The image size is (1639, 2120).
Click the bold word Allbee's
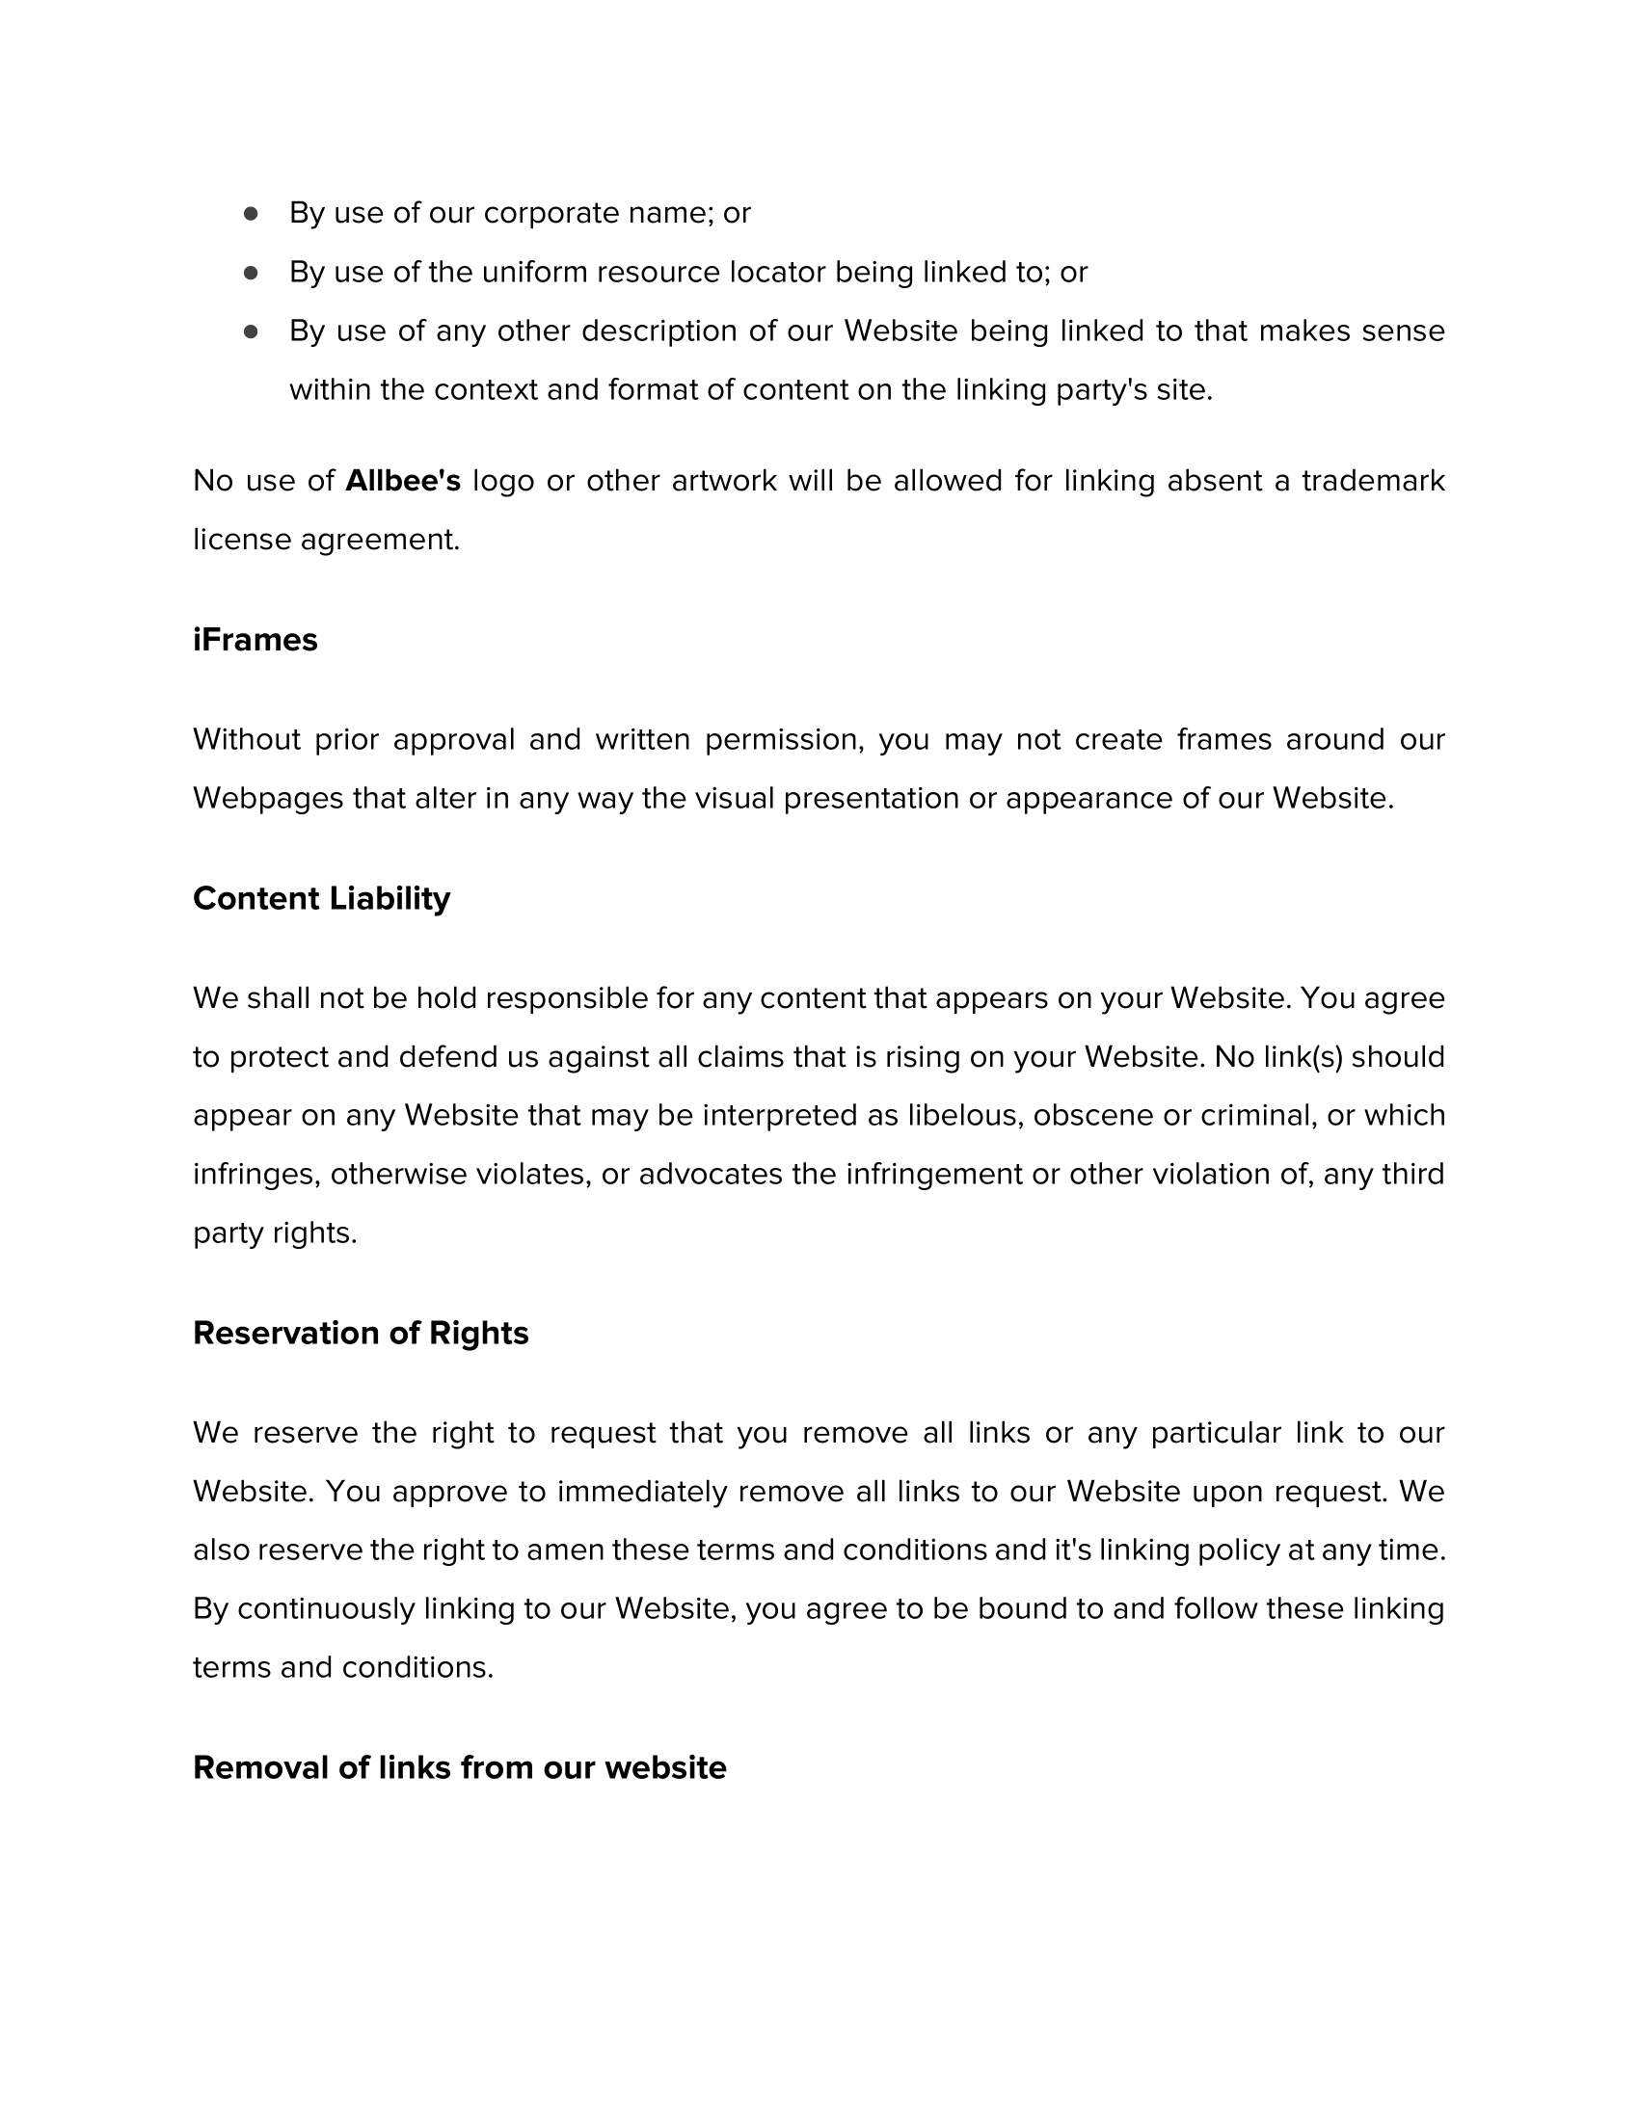(x=402, y=481)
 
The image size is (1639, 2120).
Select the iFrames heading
(x=255, y=640)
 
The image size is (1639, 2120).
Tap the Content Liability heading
(x=321, y=898)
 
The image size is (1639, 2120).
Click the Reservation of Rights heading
(x=361, y=1333)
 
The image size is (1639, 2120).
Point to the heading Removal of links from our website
(x=459, y=1767)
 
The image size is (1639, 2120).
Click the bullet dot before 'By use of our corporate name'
(x=251, y=213)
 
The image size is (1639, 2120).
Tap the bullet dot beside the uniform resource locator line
(x=251, y=273)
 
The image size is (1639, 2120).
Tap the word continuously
(x=325, y=1608)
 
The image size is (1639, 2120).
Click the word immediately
(x=642, y=1491)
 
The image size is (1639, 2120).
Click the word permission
(x=783, y=740)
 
